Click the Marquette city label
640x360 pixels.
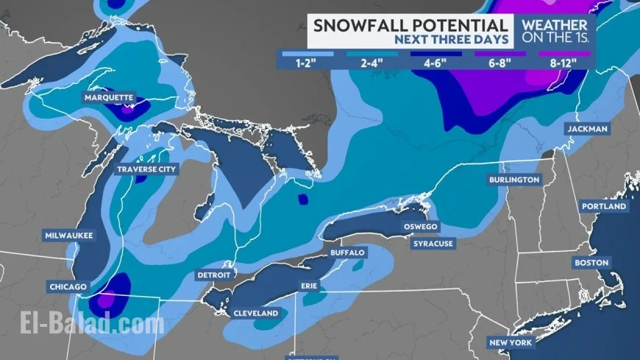coord(109,98)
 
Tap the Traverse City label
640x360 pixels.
coord(147,169)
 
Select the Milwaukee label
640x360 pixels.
coord(67,236)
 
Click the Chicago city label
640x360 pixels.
coord(68,286)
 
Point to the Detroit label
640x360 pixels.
coord(214,275)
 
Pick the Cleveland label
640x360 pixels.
coord(256,313)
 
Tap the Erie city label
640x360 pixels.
coord(308,285)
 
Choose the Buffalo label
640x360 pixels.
coord(347,253)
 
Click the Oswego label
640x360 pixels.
coord(420,227)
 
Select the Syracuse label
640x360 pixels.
coord(433,243)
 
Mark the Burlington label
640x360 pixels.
coord(514,180)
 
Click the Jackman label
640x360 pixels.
coord(587,129)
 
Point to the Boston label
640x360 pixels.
coord(592,262)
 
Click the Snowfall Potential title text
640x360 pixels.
coord(410,25)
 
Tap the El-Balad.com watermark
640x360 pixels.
coord(83,324)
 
